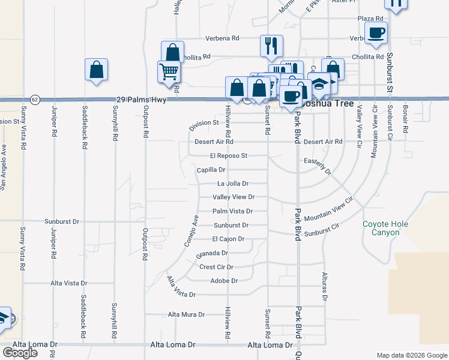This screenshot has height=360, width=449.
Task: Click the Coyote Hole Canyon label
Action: pyautogui.click(x=385, y=228)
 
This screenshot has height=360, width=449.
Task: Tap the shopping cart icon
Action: pyautogui.click(x=169, y=71)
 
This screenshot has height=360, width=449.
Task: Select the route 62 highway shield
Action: pyautogui.click(x=35, y=99)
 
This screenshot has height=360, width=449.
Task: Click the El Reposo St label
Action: pyautogui.click(x=226, y=155)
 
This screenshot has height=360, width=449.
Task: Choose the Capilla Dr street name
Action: pyautogui.click(x=211, y=170)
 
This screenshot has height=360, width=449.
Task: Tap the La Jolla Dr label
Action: pyautogui.click(x=233, y=184)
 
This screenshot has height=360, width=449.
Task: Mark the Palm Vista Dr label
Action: pyautogui.click(x=232, y=211)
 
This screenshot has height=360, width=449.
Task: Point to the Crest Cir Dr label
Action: pyautogui.click(x=216, y=267)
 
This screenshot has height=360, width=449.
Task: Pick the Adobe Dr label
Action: pyautogui.click(x=224, y=281)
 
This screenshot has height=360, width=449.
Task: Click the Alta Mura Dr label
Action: pyautogui.click(x=186, y=314)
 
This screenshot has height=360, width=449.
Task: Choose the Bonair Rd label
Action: pyautogui.click(x=406, y=121)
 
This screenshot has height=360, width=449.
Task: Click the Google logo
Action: pyautogui.click(x=20, y=353)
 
